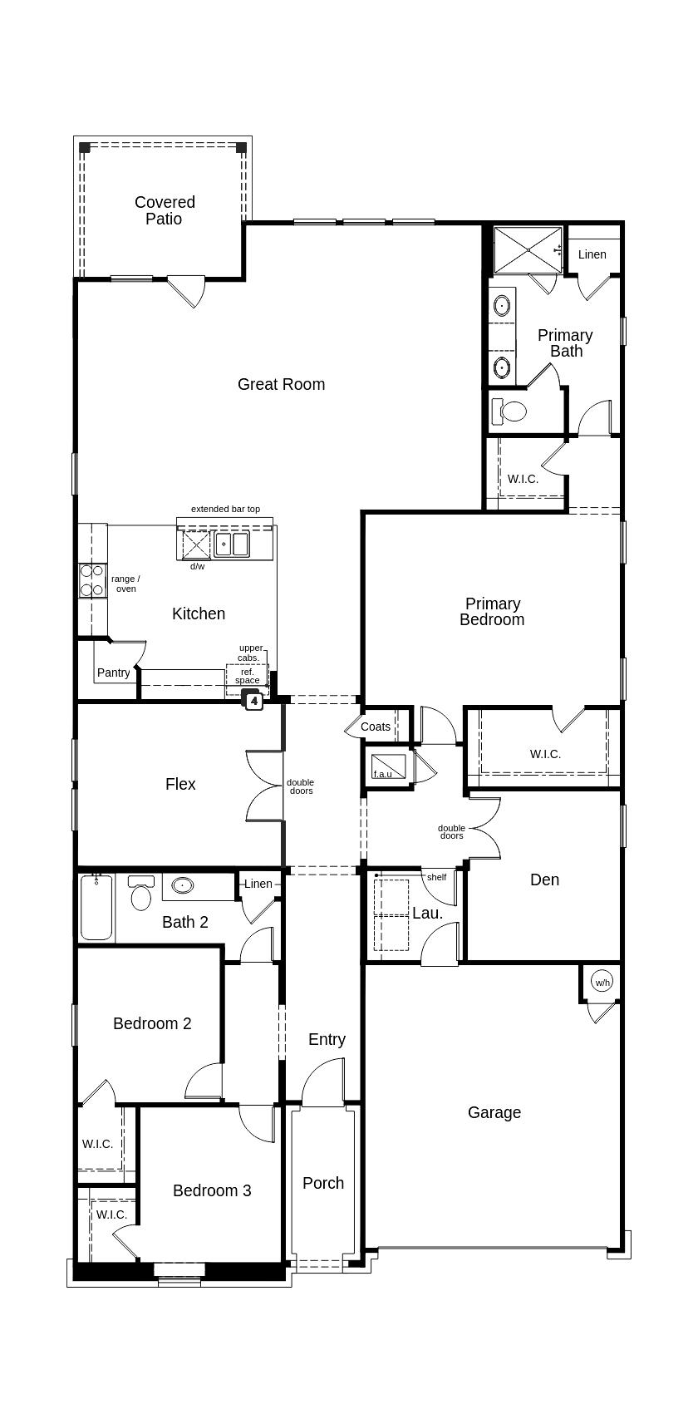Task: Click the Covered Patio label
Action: click(165, 210)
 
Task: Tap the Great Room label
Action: click(281, 384)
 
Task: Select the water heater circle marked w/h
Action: click(602, 982)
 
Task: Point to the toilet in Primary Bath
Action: click(510, 411)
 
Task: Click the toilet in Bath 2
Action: click(141, 895)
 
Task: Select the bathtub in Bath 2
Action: click(96, 907)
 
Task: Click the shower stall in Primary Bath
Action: click(528, 249)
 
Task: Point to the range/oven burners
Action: click(91, 580)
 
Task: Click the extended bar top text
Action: click(225, 509)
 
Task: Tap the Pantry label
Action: click(113, 673)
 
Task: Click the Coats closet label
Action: click(376, 727)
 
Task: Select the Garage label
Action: click(494, 1112)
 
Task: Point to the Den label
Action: click(544, 880)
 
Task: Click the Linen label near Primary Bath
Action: click(592, 254)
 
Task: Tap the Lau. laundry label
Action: click(427, 913)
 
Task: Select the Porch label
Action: click(322, 1183)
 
